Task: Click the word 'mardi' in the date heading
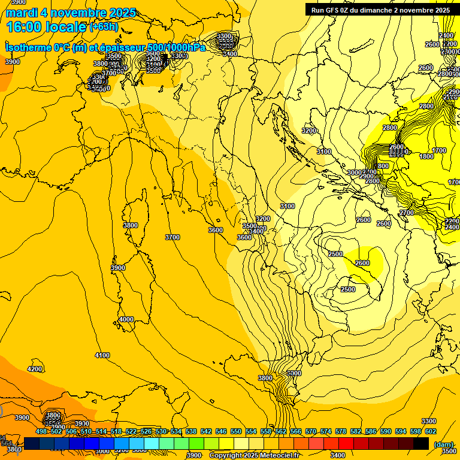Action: click(22, 13)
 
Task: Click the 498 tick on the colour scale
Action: click(41, 431)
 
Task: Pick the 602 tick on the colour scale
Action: click(430, 431)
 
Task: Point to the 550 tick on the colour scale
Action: click(235, 431)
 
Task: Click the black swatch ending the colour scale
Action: click(421, 443)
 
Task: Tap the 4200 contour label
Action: click(35, 369)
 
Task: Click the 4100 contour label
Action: click(102, 355)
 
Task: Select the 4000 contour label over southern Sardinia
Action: click(126, 319)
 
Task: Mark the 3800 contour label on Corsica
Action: click(130, 225)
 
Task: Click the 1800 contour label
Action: click(426, 156)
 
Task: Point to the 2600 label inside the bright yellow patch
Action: click(362, 263)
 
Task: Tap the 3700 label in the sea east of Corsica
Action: click(172, 237)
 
